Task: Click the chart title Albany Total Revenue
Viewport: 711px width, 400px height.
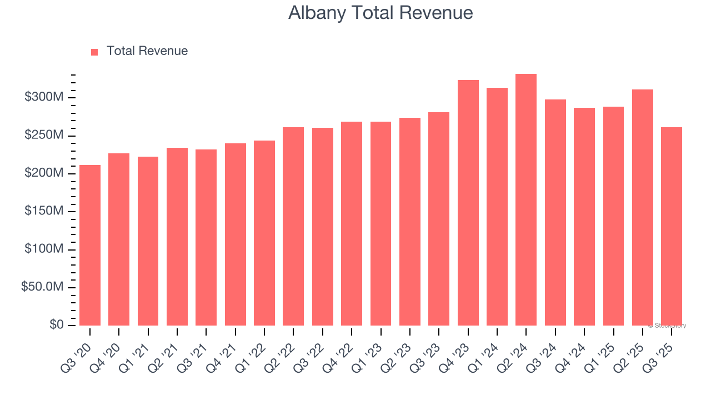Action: [x=380, y=13]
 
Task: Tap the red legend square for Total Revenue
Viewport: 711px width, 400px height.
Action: [x=94, y=52]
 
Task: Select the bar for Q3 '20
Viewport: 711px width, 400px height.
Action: [x=90, y=245]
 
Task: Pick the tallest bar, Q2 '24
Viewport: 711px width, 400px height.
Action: [x=526, y=200]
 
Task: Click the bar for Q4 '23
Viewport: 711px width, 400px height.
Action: [x=468, y=203]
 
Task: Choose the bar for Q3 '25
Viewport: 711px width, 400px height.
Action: [x=671, y=226]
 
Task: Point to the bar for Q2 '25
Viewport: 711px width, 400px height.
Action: [x=642, y=207]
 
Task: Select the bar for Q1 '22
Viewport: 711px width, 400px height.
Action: [x=264, y=233]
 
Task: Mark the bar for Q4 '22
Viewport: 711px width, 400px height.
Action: [x=352, y=223]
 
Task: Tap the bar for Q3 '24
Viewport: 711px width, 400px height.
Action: [x=555, y=212]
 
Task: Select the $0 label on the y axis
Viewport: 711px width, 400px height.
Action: [x=56, y=325]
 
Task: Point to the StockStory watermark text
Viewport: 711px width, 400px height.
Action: [x=667, y=326]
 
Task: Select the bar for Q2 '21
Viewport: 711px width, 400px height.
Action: [x=177, y=237]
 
